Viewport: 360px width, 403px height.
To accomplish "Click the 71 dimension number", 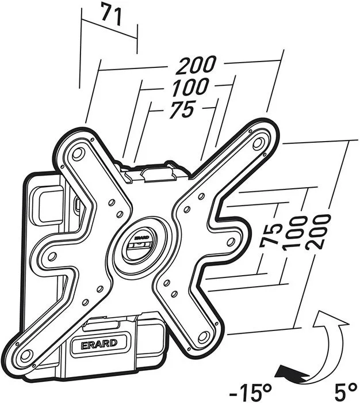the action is click(x=112, y=14).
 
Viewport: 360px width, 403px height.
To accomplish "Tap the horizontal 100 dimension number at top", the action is click(x=190, y=87).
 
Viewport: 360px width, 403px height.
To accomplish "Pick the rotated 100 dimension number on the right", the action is click(x=294, y=234).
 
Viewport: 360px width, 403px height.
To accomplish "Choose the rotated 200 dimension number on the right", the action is click(x=317, y=232).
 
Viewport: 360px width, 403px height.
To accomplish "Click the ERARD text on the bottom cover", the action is click(x=99, y=343).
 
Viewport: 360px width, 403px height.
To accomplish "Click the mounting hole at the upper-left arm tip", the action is click(x=77, y=154).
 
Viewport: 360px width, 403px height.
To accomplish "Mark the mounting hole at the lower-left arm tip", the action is click(x=25, y=355).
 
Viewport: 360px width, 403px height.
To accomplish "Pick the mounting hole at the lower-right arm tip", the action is click(x=204, y=336).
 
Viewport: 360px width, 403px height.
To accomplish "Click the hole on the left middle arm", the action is click(x=52, y=256).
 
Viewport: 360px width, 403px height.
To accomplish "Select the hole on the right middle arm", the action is click(x=231, y=241).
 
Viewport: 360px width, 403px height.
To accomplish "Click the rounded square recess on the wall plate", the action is click(x=50, y=204).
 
